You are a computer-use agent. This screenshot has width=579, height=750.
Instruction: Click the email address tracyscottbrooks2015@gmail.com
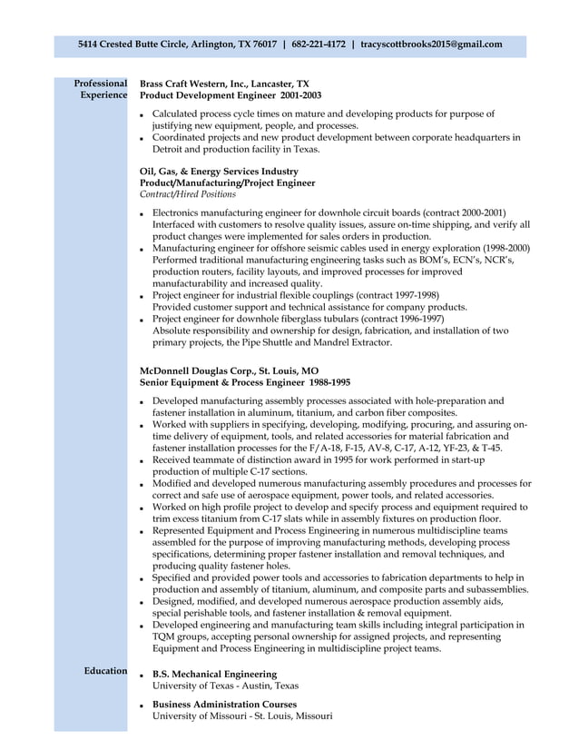[431, 44]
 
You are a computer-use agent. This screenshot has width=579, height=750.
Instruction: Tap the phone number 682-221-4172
[318, 44]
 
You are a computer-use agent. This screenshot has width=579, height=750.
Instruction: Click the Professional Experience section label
[101, 89]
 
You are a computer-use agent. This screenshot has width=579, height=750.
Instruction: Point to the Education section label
[105, 671]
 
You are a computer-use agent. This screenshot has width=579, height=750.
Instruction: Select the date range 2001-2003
[300, 95]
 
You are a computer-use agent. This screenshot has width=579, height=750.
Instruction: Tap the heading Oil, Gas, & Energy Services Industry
[219, 171]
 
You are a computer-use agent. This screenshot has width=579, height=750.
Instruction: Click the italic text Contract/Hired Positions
[188, 194]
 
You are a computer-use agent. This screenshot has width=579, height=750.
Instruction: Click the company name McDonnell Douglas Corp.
[204, 371]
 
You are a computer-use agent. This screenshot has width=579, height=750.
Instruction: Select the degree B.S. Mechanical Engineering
[215, 674]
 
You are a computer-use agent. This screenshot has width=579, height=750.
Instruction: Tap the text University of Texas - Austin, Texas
[225, 686]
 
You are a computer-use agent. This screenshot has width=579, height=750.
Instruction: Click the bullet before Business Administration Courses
[142, 706]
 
